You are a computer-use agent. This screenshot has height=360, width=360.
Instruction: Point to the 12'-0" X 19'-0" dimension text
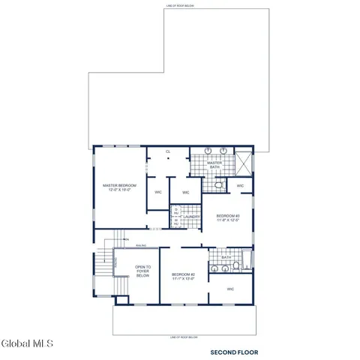click(x=120, y=190)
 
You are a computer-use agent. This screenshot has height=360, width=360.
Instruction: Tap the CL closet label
click(x=168, y=151)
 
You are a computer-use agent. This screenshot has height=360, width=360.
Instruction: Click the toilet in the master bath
click(x=217, y=184)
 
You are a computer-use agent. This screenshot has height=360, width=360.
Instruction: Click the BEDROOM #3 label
click(x=227, y=215)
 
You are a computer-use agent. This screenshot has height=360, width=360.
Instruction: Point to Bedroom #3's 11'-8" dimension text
click(x=227, y=220)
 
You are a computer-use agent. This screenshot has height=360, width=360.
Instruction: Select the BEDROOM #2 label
click(x=183, y=274)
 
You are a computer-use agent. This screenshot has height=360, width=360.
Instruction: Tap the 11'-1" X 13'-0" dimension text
click(x=183, y=279)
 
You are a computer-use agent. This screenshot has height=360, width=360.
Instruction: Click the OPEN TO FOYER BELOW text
click(x=142, y=271)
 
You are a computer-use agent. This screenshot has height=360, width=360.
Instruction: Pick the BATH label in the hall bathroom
click(x=226, y=256)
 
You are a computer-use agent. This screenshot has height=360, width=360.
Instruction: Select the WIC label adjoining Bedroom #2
click(x=230, y=289)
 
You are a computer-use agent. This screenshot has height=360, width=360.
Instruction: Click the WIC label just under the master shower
click(x=240, y=186)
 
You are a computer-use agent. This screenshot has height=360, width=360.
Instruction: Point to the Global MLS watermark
click(x=27, y=344)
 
